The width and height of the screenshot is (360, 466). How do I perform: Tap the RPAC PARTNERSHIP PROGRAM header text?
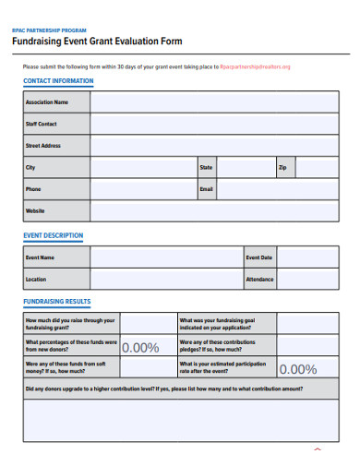(49, 30)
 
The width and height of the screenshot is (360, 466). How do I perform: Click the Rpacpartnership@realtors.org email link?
(255, 67)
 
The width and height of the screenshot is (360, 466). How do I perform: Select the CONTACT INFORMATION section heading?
(58, 81)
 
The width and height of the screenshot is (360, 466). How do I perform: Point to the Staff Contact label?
(42, 124)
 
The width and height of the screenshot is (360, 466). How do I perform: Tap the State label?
(206, 168)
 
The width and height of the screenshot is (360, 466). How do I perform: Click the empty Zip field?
(318, 168)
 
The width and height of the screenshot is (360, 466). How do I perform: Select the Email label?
(207, 189)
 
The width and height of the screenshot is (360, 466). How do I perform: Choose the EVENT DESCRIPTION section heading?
(53, 235)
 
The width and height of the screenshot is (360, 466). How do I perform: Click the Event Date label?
(258, 257)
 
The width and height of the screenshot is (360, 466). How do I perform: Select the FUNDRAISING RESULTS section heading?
(56, 302)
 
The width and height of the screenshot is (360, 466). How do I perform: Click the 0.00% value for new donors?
(140, 348)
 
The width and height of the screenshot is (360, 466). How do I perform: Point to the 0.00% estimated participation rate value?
(297, 369)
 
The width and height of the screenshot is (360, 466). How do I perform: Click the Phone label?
(33, 189)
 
